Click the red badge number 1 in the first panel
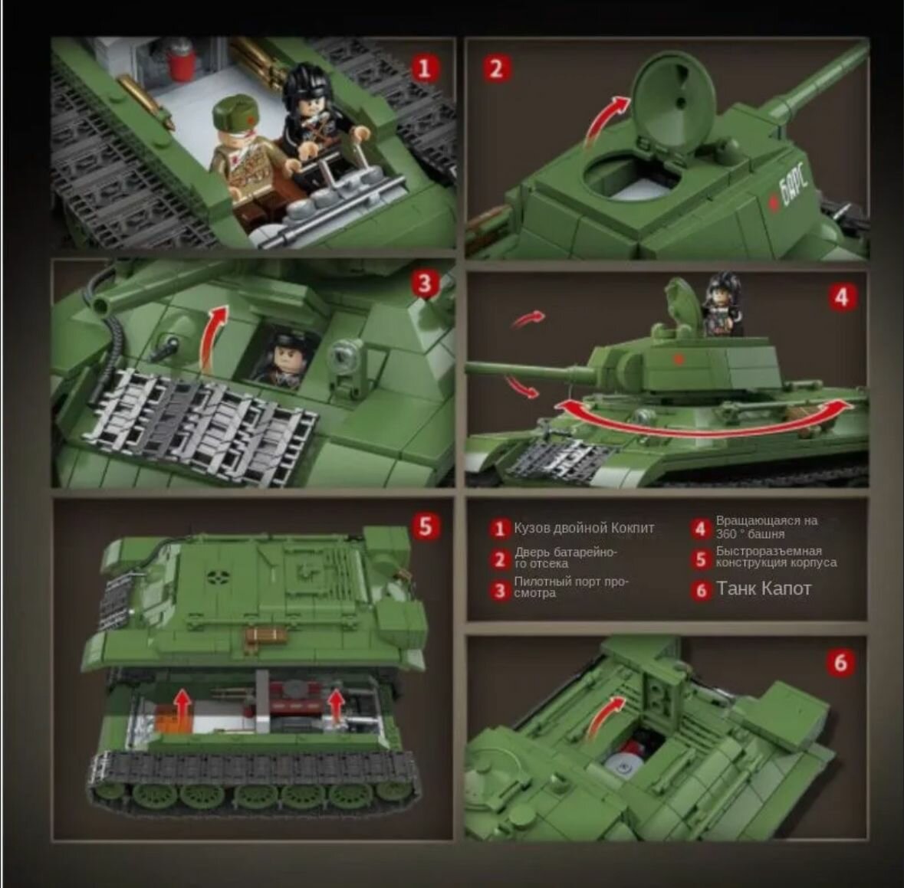tap(424, 69)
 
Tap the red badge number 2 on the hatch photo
tap(496, 69)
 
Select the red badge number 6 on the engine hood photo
tap(840, 663)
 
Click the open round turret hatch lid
tap(673, 101)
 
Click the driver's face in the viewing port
tap(287, 357)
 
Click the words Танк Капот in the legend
tap(764, 588)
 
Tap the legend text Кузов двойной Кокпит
tap(584, 528)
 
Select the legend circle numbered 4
tap(701, 529)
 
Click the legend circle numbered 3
tap(500, 591)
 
